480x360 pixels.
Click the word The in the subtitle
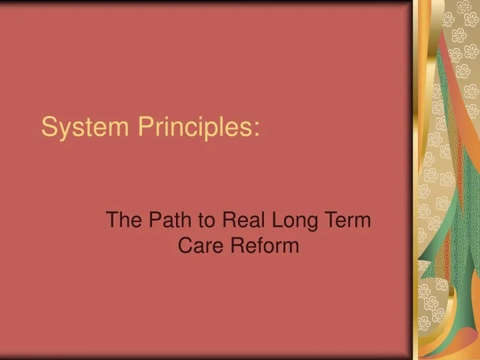pyautogui.click(x=123, y=219)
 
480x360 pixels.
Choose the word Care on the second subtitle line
pyautogui.click(x=201, y=246)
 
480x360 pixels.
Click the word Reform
pyautogui.click(x=265, y=246)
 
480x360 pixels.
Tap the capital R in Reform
pyautogui.click(x=237, y=246)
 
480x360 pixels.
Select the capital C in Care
pyautogui.click(x=185, y=246)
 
